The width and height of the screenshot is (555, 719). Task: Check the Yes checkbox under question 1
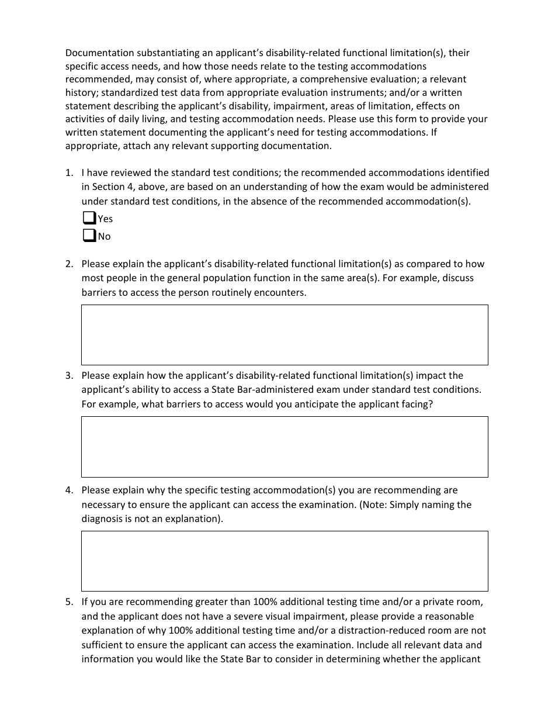click(89, 218)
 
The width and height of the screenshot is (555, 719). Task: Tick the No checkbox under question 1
click(89, 236)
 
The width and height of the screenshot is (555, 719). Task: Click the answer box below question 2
click(285, 334)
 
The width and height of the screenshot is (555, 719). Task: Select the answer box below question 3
click(285, 446)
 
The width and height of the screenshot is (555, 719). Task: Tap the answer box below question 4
click(285, 561)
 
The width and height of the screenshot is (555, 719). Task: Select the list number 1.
click(69, 172)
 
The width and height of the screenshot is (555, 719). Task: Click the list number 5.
click(69, 602)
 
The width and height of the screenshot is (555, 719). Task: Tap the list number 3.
click(69, 375)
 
